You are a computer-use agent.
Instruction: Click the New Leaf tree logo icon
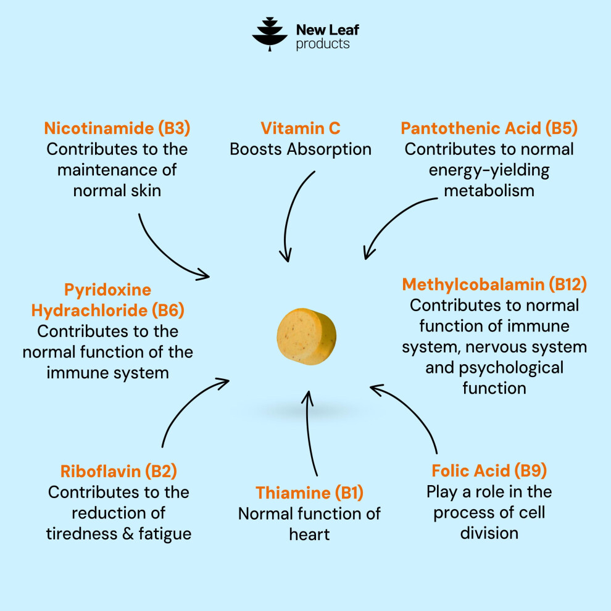[270, 35]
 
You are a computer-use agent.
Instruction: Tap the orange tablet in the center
[306, 337]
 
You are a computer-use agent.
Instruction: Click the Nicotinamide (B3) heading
[117, 128]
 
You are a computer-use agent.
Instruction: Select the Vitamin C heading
[301, 128]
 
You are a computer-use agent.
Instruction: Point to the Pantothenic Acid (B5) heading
[489, 128]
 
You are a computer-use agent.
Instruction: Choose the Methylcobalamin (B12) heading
[494, 285]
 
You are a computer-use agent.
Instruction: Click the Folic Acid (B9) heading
[489, 471]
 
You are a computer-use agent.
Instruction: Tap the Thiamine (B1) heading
[309, 493]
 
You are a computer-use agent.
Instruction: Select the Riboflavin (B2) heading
[118, 472]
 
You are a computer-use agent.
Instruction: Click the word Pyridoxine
[107, 290]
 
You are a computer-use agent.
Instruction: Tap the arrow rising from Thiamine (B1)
[308, 433]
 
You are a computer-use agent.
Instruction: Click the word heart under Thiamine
[309, 534]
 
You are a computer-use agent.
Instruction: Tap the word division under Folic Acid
[489, 533]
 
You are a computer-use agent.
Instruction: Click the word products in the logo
[323, 44]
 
